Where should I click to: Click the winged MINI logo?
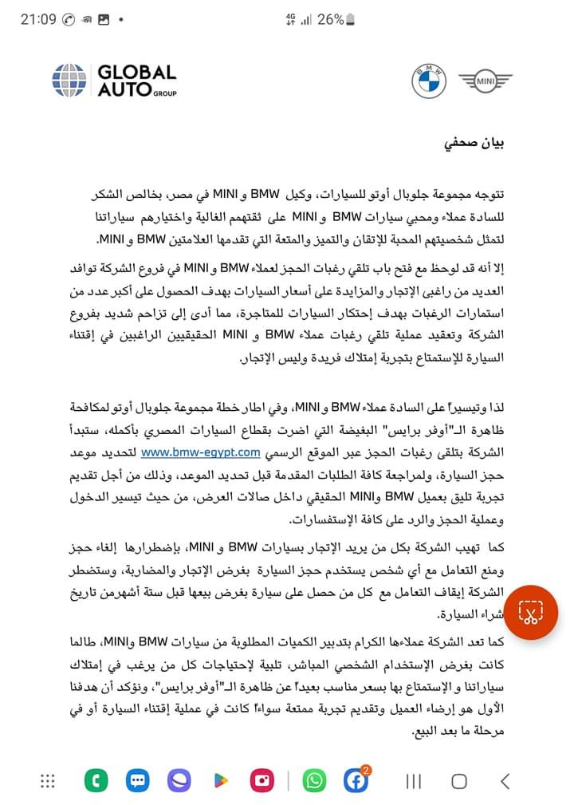[485, 80]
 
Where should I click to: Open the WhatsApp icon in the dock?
[314, 780]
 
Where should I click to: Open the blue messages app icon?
[137, 780]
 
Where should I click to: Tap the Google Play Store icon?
[221, 780]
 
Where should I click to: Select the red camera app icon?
[262, 780]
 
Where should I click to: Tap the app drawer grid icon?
[48, 780]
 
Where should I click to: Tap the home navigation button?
[459, 781]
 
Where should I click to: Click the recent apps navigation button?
[414, 781]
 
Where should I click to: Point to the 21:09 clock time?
[38, 18]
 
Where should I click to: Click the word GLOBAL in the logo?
[136, 73]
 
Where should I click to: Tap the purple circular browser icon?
[179, 780]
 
